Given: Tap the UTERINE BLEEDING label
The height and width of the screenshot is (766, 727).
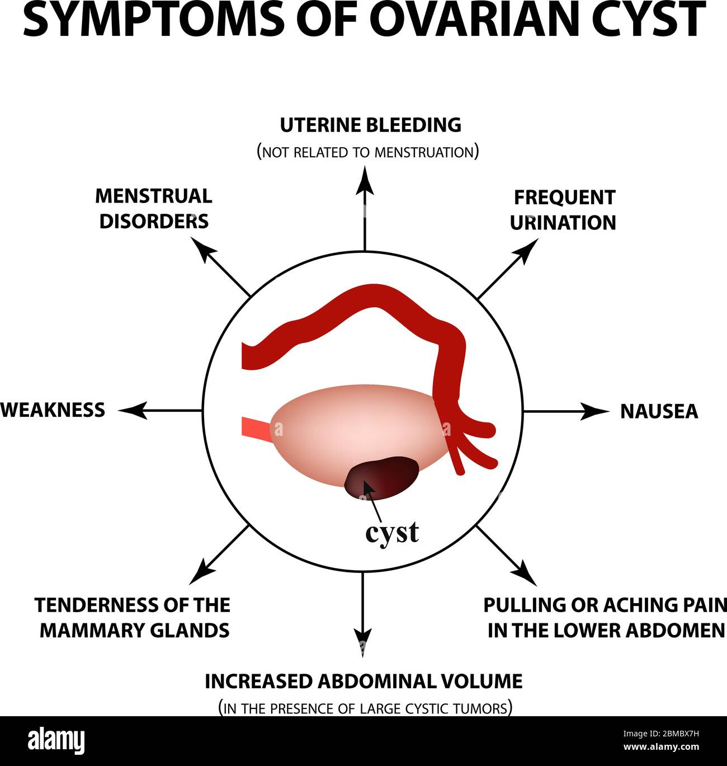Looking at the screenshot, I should (370, 125).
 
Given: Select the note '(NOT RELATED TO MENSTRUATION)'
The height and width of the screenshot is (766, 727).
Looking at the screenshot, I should (367, 152).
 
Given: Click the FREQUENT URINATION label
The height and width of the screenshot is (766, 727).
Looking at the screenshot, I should (563, 210).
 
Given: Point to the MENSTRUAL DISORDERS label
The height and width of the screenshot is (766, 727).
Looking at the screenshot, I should (154, 208).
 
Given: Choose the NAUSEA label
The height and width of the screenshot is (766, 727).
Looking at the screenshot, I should (659, 411).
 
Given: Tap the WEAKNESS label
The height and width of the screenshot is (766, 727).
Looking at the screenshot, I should (53, 410).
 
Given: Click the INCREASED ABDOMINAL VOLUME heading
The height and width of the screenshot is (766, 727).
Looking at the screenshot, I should (363, 682).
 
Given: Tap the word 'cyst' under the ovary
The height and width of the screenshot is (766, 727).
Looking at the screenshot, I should (391, 532).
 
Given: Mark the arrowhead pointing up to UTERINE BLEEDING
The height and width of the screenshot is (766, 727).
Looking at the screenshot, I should (365, 180).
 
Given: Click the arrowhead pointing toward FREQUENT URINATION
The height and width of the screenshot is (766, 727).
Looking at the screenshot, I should (528, 248).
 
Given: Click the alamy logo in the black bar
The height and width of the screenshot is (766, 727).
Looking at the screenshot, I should (56, 741).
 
